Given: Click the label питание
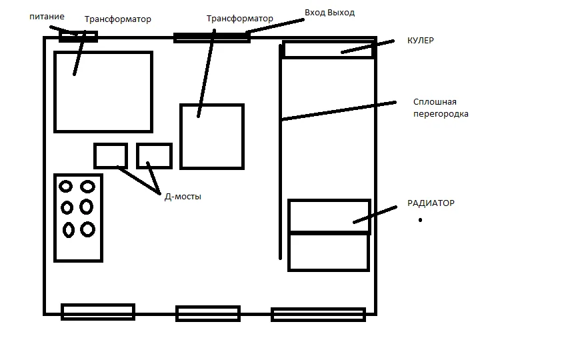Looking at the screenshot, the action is click(x=47, y=17).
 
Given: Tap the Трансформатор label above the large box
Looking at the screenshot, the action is click(x=117, y=19).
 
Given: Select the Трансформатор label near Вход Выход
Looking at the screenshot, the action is click(x=239, y=19).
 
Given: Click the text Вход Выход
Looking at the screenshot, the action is click(x=329, y=13).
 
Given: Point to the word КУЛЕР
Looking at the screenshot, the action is click(x=420, y=41).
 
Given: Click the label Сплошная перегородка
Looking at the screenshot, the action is click(x=441, y=107).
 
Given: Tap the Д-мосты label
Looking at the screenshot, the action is click(x=183, y=197).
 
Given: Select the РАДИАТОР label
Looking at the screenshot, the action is click(x=431, y=203).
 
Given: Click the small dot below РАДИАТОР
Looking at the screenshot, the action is click(x=420, y=220).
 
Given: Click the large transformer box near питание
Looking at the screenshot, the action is click(x=55, y=92).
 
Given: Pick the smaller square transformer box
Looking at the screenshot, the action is click(x=180, y=137).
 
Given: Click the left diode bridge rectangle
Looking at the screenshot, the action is click(x=95, y=156).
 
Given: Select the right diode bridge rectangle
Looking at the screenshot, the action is click(x=137, y=156).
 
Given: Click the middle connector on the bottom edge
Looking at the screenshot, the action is click(x=208, y=307).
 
